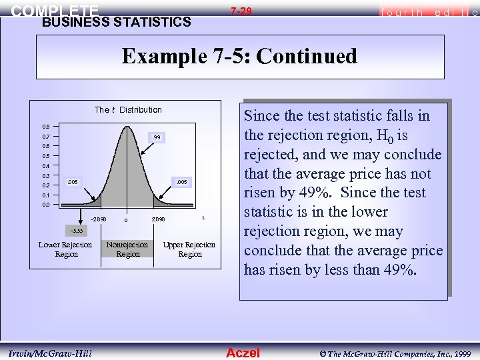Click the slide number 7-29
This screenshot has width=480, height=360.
coord(241,11)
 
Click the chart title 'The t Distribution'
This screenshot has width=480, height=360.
coord(128,109)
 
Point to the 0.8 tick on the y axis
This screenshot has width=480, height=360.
coord(45,126)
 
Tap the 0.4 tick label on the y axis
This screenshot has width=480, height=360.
coord(45,165)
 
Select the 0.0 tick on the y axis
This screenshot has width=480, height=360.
coord(45,205)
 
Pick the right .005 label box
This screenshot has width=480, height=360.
coord(181,181)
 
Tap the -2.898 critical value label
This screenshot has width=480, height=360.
coord(98,219)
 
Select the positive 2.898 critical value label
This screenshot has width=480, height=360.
coord(159,219)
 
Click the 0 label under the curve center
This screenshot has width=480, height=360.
coord(126,221)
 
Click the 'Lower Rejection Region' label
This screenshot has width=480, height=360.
coord(65,249)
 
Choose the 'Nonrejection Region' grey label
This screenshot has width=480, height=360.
coord(128,249)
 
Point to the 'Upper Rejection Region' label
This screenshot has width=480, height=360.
coord(189,249)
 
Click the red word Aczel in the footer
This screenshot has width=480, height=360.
coord(243,353)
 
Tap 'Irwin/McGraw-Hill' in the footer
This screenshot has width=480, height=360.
coord(51,353)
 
